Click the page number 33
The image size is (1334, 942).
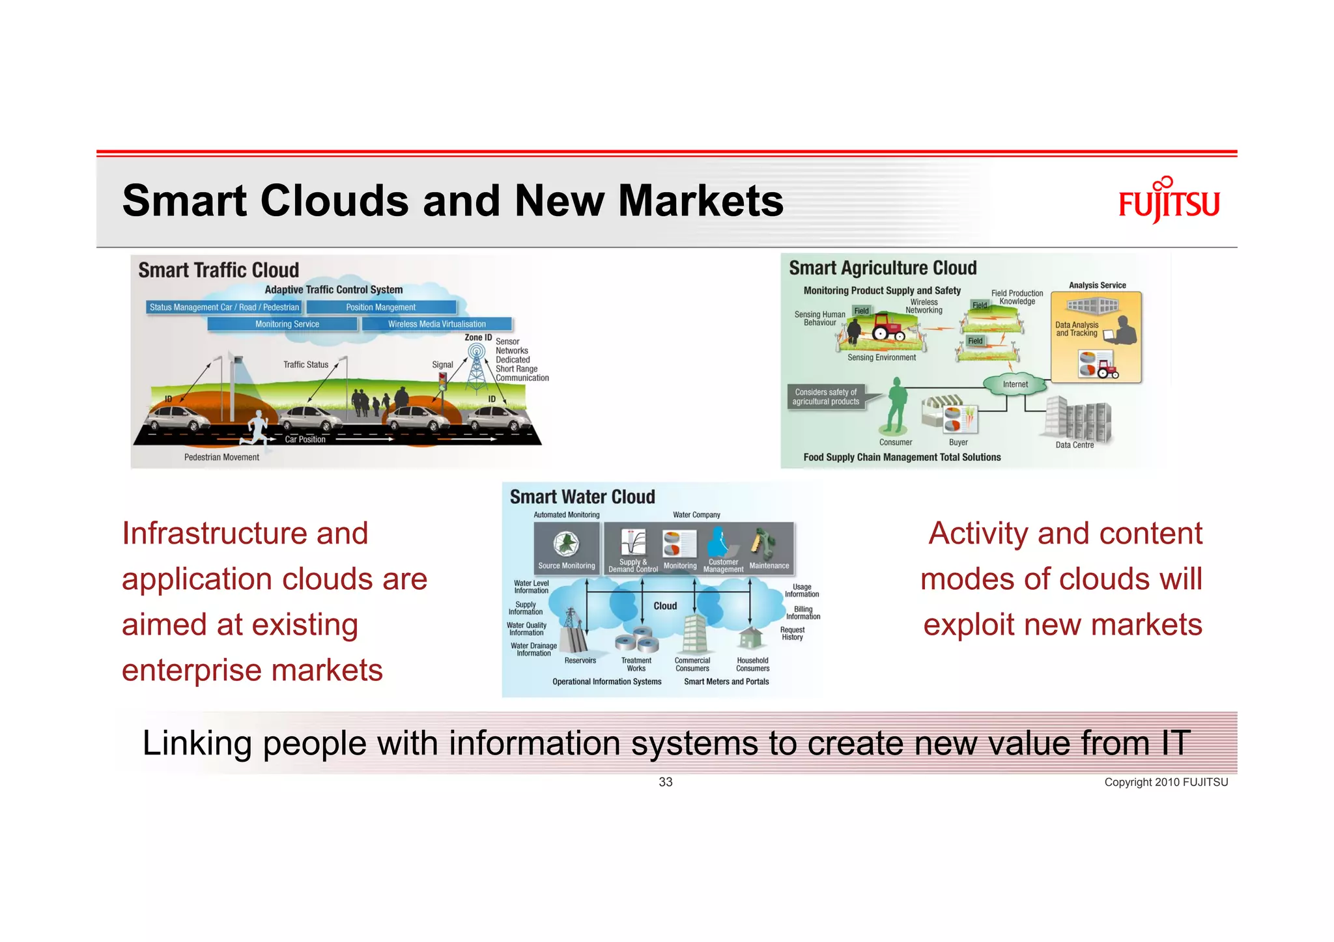(x=665, y=782)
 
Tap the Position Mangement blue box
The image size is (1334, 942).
(x=381, y=307)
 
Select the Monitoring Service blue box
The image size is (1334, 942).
(x=287, y=324)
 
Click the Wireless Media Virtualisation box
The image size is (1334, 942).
(x=436, y=324)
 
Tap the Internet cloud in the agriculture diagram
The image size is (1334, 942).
(x=1015, y=384)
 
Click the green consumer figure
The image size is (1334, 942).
(x=897, y=406)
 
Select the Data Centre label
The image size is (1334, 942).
(x=1074, y=445)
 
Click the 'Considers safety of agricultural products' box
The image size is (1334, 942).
(x=826, y=396)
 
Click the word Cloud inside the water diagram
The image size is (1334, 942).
(x=665, y=606)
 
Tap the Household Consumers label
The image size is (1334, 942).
(x=752, y=664)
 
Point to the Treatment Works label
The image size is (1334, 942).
(x=636, y=664)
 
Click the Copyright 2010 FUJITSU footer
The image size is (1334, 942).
(x=1165, y=783)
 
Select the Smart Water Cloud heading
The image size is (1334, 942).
(x=582, y=497)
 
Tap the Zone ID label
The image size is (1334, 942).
(x=478, y=337)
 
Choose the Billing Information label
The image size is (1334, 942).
(x=802, y=613)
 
